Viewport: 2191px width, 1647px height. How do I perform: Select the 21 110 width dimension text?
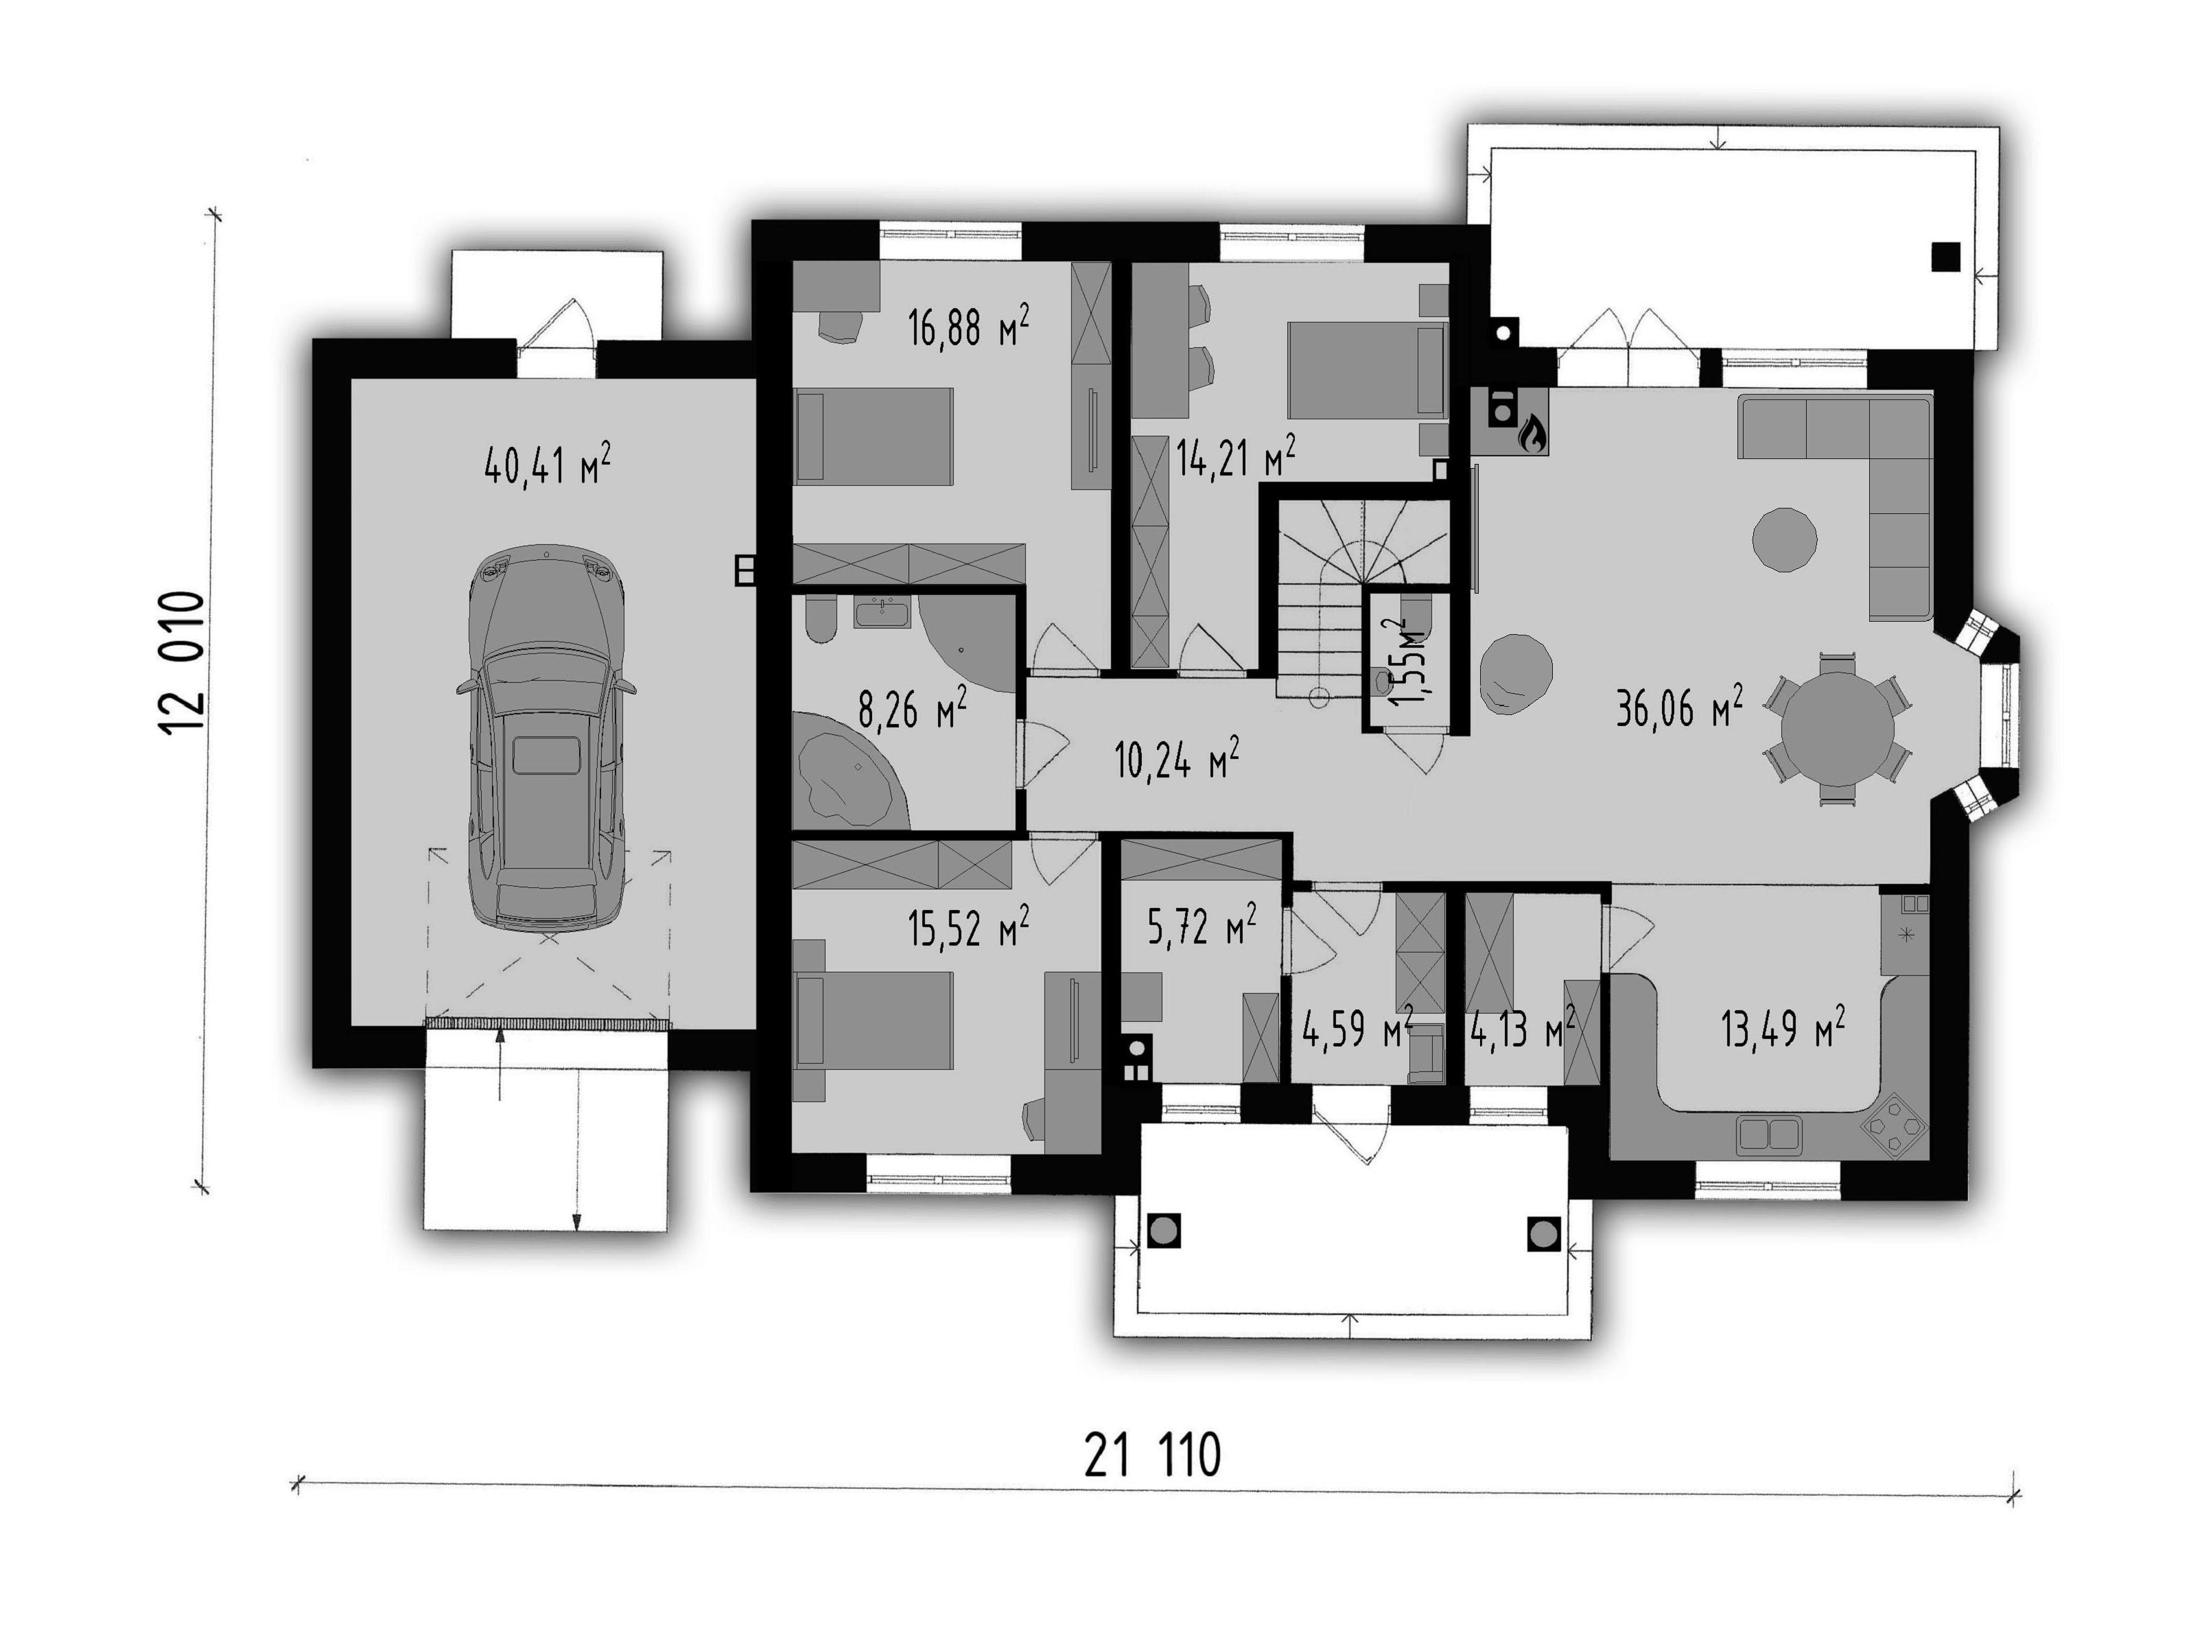click(x=1152, y=1456)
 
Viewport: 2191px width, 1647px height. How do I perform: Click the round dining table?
click(x=1838, y=729)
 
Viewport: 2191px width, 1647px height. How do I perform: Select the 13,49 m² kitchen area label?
click(x=1782, y=1029)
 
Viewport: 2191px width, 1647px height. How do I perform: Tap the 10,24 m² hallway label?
click(x=1177, y=758)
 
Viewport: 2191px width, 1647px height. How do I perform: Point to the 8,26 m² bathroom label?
click(x=911, y=709)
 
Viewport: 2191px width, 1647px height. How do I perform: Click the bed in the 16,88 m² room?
click(x=874, y=436)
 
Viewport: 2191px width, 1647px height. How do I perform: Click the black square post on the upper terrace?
click(x=1945, y=257)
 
